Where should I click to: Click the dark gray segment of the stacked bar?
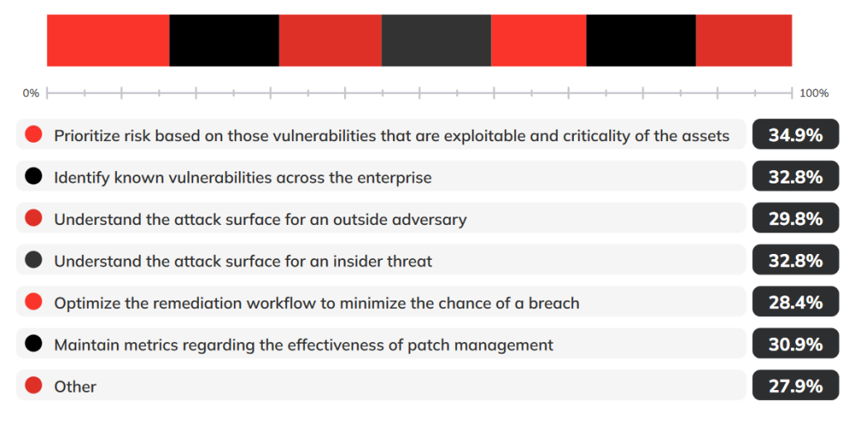[436, 41]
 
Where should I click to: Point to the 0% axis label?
[31, 93]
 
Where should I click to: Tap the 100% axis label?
[814, 93]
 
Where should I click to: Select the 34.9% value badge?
[795, 134]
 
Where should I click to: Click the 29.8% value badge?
[795, 218]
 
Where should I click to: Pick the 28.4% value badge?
[795, 301]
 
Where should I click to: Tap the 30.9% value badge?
[795, 344]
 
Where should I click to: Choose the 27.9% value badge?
[795, 385]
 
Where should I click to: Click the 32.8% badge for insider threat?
[795, 260]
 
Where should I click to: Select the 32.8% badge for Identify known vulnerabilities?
[795, 176]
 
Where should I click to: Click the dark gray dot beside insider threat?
[33, 260]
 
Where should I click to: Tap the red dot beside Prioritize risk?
[33, 134]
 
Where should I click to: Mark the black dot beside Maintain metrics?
[33, 344]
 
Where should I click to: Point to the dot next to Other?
[33, 386]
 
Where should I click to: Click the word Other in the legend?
[75, 387]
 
